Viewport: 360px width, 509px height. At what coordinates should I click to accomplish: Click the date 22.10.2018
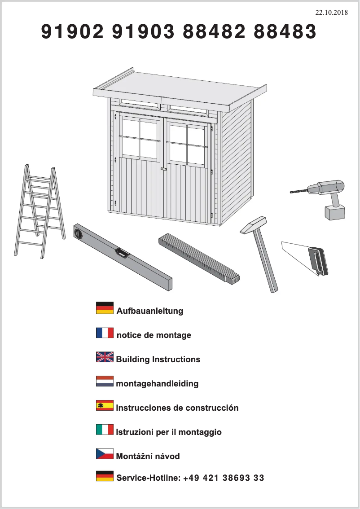[x=331, y=13]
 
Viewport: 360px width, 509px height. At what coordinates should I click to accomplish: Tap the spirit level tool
[x=122, y=254]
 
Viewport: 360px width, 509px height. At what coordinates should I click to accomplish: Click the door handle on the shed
[x=163, y=169]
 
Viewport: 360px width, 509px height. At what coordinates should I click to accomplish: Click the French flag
[x=105, y=333]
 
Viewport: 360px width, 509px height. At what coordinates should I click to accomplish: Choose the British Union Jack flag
[x=105, y=357]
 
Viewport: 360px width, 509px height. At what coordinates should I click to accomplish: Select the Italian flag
[x=105, y=430]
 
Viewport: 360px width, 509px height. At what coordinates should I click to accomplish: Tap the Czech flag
[x=105, y=454]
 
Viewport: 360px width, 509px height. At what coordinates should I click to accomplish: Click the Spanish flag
[x=105, y=405]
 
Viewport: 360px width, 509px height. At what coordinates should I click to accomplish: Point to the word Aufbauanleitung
[x=150, y=311]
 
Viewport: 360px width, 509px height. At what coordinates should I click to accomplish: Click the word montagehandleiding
[x=157, y=384]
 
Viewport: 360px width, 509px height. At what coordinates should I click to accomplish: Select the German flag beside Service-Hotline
[x=105, y=476]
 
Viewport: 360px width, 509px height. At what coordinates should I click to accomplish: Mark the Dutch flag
[x=105, y=382]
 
